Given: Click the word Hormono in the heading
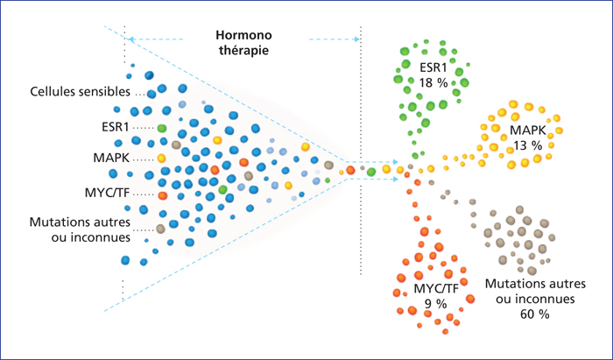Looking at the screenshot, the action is click(x=243, y=35).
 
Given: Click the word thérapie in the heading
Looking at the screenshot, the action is click(x=243, y=51).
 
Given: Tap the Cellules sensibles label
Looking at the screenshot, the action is click(x=81, y=92).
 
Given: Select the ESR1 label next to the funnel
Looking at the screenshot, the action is click(x=116, y=127).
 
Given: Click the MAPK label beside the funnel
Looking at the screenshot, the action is click(x=111, y=158).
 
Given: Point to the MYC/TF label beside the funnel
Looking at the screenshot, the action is click(x=108, y=193).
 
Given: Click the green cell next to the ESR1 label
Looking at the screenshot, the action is click(x=162, y=128).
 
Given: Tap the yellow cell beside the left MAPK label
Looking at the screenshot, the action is click(x=161, y=159).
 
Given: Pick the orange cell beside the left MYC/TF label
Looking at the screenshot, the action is click(x=163, y=195).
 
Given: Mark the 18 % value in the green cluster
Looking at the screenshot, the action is click(x=433, y=83).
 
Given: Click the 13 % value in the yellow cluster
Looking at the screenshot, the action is click(x=528, y=145).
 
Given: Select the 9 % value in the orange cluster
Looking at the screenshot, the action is click(x=435, y=304).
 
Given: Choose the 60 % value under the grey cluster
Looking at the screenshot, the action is click(x=535, y=314).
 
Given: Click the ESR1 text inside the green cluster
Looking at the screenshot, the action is click(x=433, y=67).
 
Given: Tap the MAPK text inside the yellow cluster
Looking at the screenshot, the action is click(x=528, y=131).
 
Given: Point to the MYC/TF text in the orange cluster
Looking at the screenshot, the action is click(x=436, y=289).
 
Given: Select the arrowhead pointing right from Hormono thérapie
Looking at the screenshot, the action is click(x=356, y=39).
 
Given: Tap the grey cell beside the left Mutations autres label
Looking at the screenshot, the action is click(x=160, y=229).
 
